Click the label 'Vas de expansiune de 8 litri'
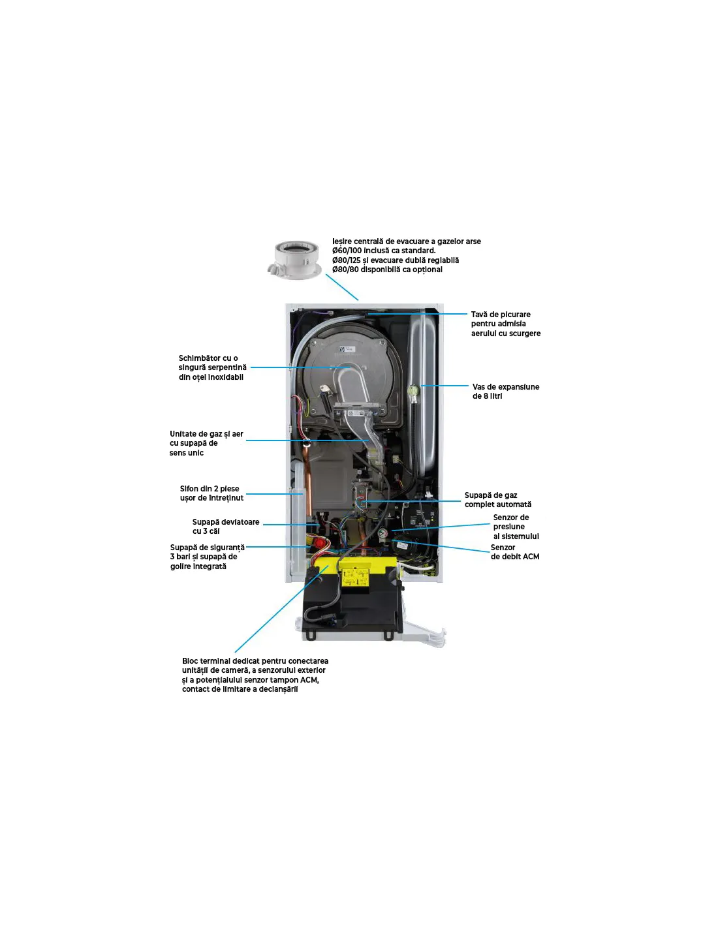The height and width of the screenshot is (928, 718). (505, 392)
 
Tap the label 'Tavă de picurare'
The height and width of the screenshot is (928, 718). (505, 324)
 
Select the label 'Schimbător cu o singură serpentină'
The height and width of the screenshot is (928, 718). (212, 367)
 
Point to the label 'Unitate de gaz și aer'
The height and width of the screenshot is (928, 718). (206, 443)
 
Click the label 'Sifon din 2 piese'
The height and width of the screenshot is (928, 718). (211, 493)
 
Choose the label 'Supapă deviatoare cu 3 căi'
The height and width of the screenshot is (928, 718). (225, 527)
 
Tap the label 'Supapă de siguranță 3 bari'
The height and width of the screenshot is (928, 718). (207, 557)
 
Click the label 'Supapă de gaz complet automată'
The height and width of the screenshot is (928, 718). (497, 500)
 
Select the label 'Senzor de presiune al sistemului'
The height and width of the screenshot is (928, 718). (515, 527)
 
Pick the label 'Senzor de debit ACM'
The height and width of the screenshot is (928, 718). (514, 552)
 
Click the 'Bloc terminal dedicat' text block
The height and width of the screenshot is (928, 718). (255, 675)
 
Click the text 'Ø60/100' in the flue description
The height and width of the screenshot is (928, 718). (347, 251)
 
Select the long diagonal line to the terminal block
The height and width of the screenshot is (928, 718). (281, 609)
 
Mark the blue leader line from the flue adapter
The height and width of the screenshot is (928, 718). (342, 287)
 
